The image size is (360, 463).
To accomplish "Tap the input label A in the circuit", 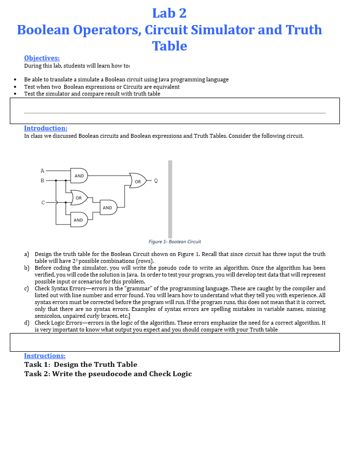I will click(42, 171).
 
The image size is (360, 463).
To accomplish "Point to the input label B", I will click(42, 180).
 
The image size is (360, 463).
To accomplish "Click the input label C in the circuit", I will click(42, 202).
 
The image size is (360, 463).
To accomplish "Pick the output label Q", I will click(155, 180).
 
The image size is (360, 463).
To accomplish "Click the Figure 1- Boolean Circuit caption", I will click(175, 241).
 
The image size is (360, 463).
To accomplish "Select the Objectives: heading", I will click(42, 58).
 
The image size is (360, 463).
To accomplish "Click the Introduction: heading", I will click(46, 128).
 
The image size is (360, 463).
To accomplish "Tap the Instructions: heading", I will click(45, 356).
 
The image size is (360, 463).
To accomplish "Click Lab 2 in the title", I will click(169, 13).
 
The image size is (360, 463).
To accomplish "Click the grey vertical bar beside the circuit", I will click(170, 199).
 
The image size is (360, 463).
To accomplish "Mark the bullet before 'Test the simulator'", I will click(16, 94).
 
